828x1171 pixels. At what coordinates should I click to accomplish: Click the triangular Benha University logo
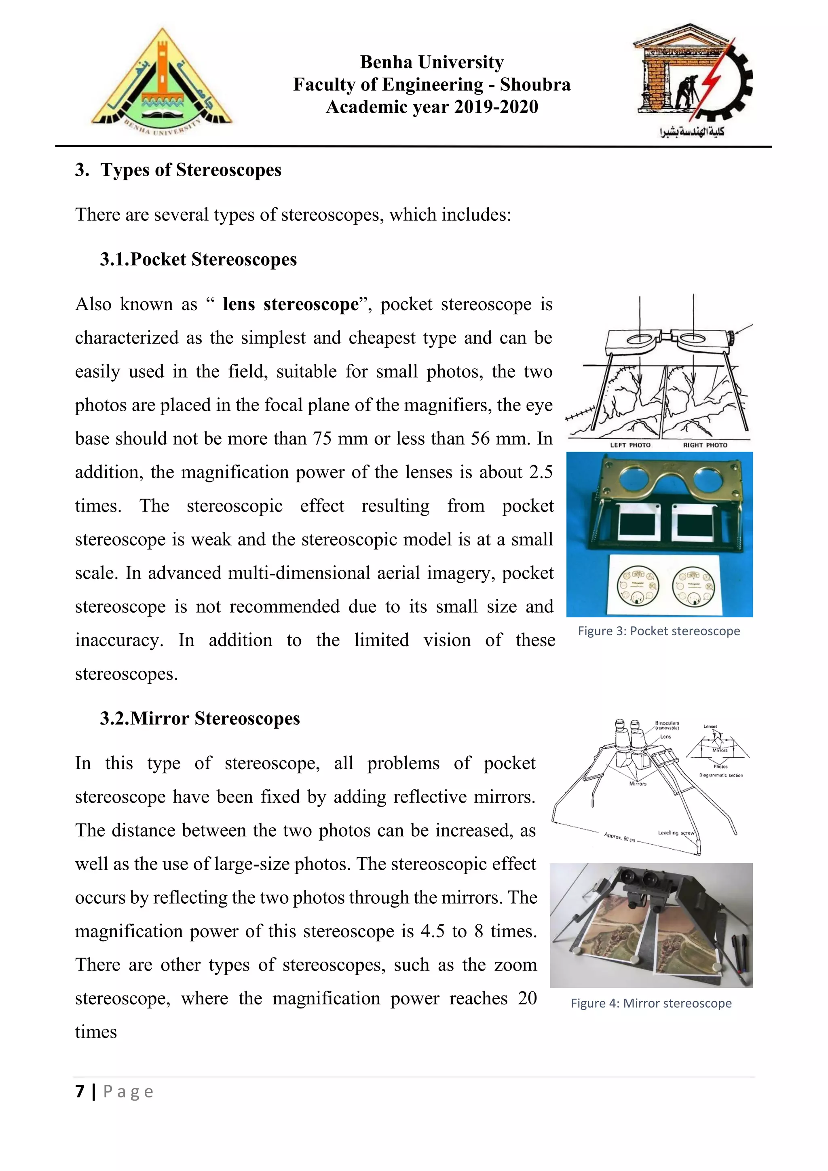161,82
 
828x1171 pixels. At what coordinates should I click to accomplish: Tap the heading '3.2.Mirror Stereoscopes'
199,718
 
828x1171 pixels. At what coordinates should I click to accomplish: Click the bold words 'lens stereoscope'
291,304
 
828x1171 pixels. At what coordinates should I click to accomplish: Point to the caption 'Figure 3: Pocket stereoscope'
658,631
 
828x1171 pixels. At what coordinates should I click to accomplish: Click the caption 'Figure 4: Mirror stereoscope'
651,1003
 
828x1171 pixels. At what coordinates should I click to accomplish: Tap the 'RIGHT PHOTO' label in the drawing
705,445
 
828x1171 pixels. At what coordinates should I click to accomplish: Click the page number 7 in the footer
80,1091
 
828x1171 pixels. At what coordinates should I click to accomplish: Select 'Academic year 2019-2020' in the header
431,107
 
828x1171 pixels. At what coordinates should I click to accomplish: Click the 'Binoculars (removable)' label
667,725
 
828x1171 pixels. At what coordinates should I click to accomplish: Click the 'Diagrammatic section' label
720,775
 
